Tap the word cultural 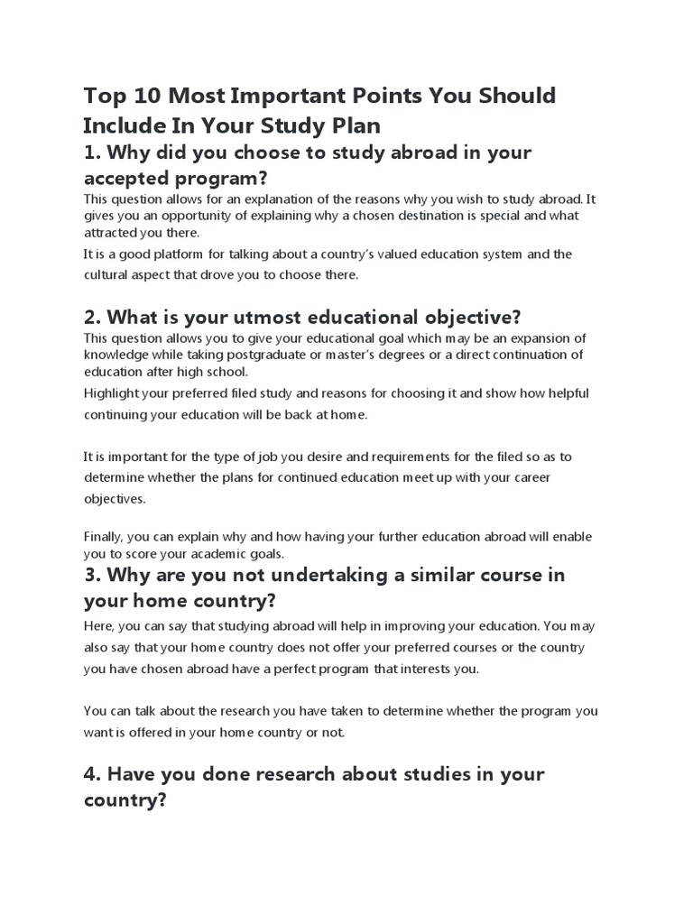[107, 275]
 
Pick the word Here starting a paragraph [98, 626]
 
